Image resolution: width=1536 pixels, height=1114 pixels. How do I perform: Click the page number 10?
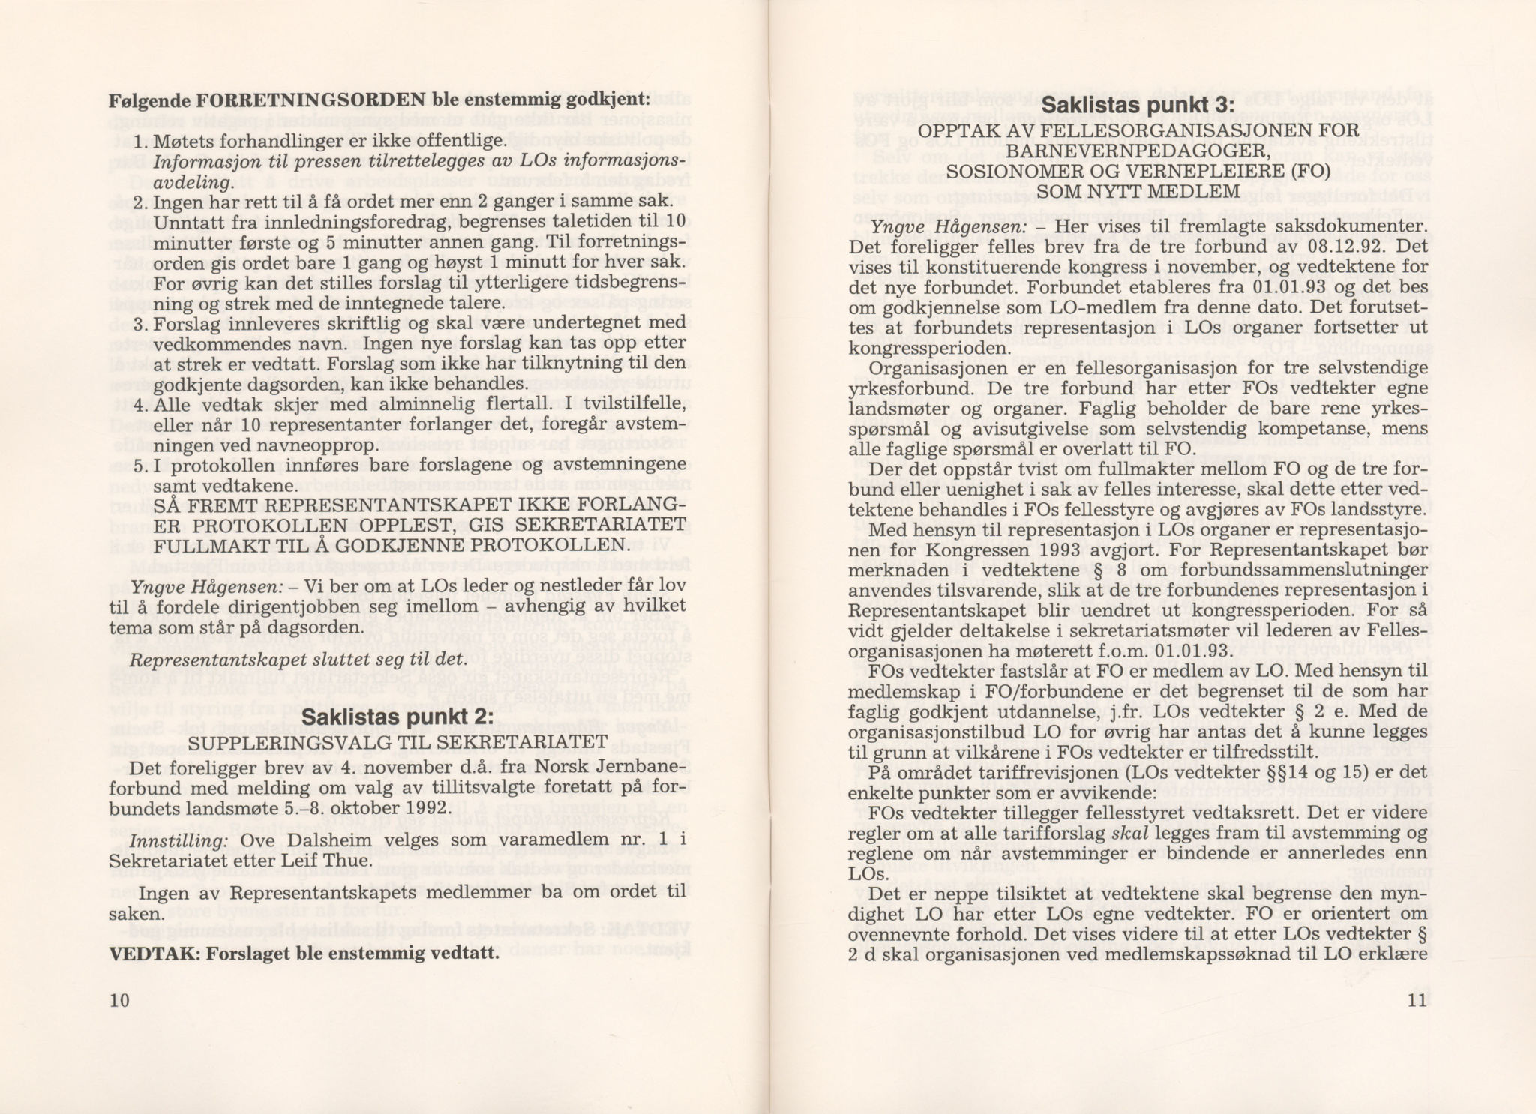pos(119,1000)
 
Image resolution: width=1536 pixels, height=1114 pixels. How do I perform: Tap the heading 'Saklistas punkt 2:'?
pos(397,717)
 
